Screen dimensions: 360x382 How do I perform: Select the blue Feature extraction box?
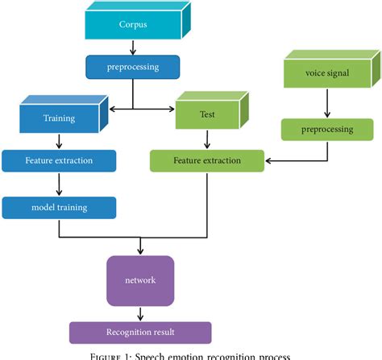coord(58,160)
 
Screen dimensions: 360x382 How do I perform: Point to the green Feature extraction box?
coord(207,160)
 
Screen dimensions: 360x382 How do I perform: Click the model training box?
coord(58,208)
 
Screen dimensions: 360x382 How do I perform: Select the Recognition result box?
coord(140,331)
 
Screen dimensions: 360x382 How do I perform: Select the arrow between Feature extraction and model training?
coord(58,184)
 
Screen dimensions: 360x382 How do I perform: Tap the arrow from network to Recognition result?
coord(141,312)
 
